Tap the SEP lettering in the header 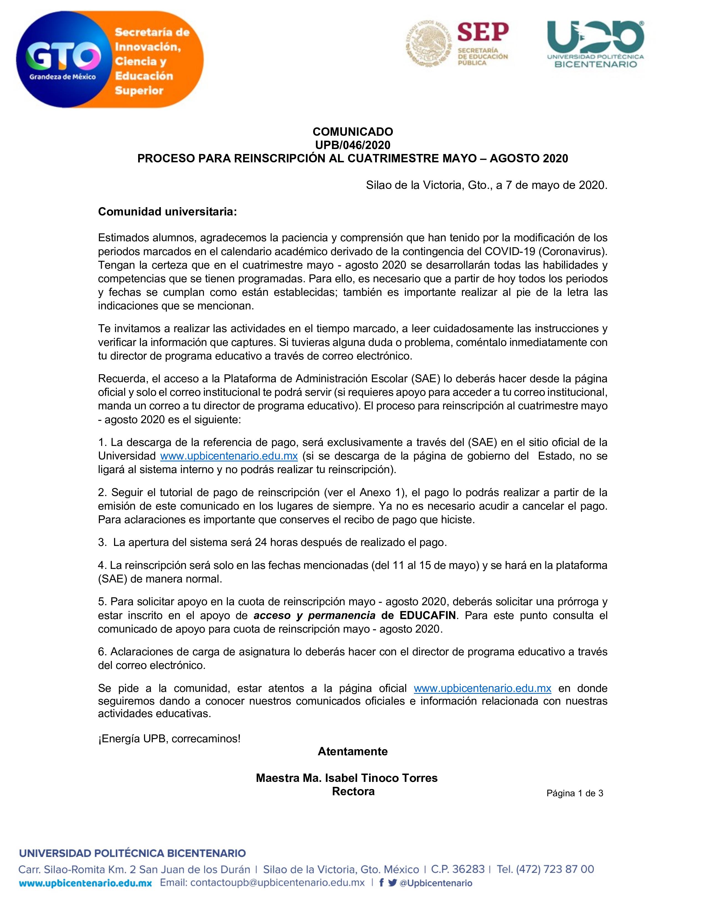(483, 32)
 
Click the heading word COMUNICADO (352, 132)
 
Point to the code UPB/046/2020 (352, 145)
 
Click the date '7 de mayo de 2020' (556, 185)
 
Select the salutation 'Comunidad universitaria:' (167, 212)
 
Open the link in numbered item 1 (229, 456)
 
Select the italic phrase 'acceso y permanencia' (315, 615)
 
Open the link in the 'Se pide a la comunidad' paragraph (482, 688)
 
